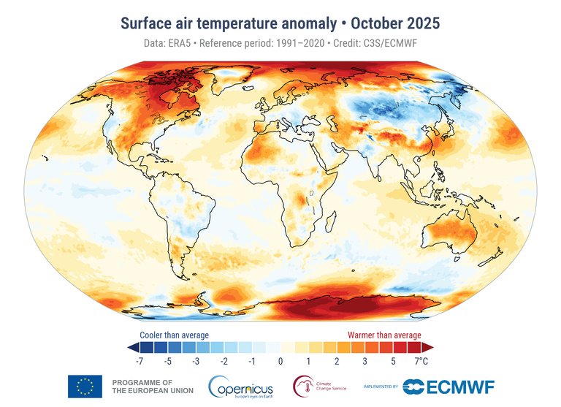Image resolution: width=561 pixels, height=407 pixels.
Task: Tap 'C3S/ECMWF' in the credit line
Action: click(x=396, y=44)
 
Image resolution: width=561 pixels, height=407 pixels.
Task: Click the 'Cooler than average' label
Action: click(x=174, y=335)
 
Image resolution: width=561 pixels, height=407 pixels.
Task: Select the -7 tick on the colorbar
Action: click(x=140, y=361)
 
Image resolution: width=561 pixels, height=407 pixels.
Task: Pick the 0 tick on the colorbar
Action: click(x=280, y=361)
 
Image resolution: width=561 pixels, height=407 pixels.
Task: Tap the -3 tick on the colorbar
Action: click(x=196, y=361)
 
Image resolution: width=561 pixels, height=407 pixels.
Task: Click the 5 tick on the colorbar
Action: click(x=393, y=361)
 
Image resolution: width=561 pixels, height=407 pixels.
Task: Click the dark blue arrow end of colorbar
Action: click(x=132, y=346)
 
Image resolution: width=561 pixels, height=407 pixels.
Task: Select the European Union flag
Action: click(x=85, y=386)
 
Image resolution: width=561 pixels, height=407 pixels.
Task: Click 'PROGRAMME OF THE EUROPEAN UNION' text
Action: click(x=152, y=387)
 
